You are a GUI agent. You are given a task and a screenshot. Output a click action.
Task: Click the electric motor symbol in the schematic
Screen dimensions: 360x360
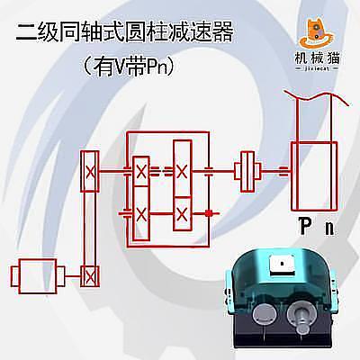[x=38, y=276]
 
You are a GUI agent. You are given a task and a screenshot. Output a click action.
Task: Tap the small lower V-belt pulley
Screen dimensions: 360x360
[x=90, y=276]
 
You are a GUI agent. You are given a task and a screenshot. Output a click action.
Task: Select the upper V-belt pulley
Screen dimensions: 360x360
[x=90, y=171]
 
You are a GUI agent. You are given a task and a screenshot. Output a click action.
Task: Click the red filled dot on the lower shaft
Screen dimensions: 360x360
[x=209, y=213]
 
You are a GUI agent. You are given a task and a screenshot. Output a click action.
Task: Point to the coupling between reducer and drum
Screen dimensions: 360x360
[x=247, y=171]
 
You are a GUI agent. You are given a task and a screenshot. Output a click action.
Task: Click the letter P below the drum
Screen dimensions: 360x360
[x=303, y=228]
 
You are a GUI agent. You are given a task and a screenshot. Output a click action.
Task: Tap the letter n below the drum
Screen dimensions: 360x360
[x=329, y=229]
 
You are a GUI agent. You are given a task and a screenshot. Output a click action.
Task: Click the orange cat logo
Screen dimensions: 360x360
[x=318, y=33]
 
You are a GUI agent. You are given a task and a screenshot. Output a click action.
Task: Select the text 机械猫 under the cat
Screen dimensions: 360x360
[x=317, y=58]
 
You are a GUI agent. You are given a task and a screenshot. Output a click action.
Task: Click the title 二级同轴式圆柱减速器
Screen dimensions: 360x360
[x=124, y=32]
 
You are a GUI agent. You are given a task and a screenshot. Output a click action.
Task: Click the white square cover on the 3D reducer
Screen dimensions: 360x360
[x=281, y=264]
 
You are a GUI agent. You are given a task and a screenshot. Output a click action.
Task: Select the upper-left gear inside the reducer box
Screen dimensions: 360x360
[x=141, y=171]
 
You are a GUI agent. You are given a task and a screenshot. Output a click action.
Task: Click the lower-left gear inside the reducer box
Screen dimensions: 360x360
[x=141, y=213]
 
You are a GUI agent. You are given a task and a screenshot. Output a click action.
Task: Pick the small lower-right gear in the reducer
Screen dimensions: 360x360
[x=182, y=213]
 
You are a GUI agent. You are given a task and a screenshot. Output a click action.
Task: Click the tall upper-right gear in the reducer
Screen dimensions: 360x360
[x=182, y=168]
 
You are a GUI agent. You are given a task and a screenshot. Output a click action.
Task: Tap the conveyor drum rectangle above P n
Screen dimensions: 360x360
[x=314, y=176]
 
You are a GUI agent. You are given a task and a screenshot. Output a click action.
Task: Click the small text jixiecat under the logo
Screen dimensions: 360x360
[x=317, y=68]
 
